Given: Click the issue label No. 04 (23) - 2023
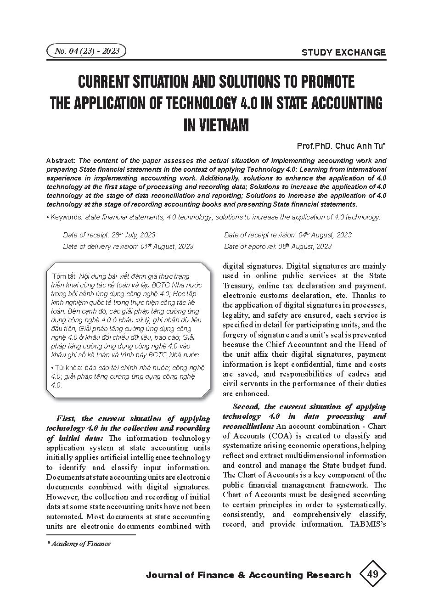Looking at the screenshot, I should click(x=86, y=51).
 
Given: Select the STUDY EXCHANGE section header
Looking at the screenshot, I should click(x=343, y=52).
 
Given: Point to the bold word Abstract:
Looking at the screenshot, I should click(x=62, y=161).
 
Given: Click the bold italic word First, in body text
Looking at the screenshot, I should click(x=66, y=418).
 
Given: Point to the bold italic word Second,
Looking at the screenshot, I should click(x=247, y=406).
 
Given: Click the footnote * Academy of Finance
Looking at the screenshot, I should click(x=79, y=544).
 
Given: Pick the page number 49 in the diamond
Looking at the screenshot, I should click(x=372, y=574).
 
